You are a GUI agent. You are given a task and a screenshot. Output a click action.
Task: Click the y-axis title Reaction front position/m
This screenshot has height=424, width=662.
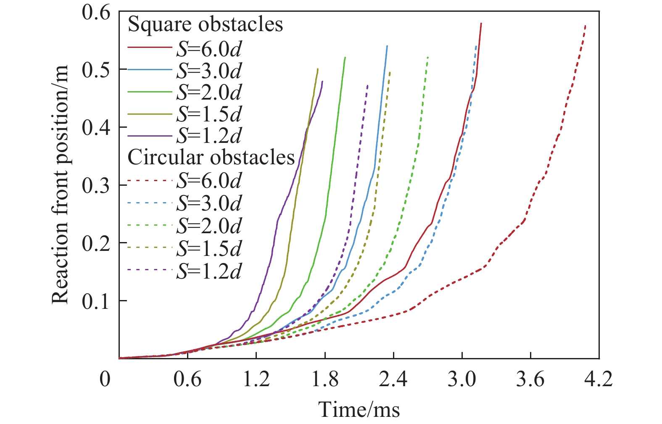point(60,185)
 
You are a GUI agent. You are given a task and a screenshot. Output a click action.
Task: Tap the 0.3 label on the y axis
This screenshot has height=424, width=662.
point(96,185)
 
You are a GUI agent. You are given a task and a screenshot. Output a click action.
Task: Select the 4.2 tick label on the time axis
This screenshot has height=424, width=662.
point(599,379)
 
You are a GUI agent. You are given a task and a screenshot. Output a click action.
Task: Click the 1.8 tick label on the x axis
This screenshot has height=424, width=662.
point(325,379)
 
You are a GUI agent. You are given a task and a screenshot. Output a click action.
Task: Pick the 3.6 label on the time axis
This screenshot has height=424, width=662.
point(530,379)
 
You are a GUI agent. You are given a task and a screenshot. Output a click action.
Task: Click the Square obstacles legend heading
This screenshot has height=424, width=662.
point(205,24)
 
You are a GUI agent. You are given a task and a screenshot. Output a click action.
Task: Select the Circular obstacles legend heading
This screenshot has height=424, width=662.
point(211,157)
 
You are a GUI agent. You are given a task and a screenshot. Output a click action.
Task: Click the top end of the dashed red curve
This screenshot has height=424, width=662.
point(586,26)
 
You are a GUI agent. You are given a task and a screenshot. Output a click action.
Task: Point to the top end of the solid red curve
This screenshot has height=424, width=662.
point(481,24)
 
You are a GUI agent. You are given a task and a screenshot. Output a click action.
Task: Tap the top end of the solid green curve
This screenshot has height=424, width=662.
point(345,58)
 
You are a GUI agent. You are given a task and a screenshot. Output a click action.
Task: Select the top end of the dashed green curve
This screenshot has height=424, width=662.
point(427,57)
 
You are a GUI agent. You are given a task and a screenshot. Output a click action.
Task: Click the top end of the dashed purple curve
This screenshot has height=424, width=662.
point(368,85)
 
